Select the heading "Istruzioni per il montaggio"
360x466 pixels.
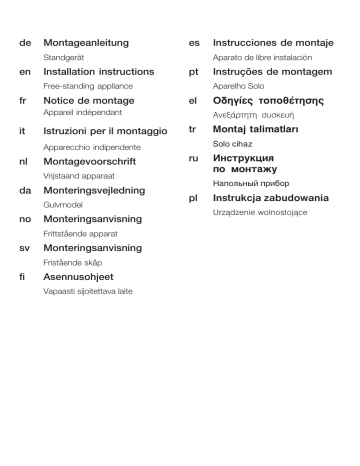[105, 131]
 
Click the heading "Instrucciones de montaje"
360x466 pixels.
[272, 45]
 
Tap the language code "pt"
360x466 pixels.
[194, 73]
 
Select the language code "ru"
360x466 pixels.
[194, 159]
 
